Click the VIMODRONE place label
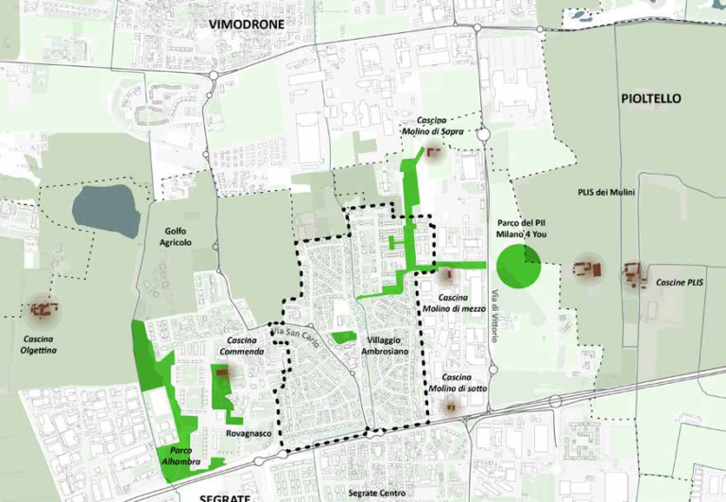pyautogui.click(x=250, y=24)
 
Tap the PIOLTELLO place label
pyautogui.click(x=650, y=98)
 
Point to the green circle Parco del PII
pyautogui.click(x=518, y=266)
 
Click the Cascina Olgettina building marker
pyautogui.click(x=42, y=308)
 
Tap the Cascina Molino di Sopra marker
pyautogui.click(x=435, y=152)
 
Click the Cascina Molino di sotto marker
pyautogui.click(x=451, y=407)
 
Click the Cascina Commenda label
pyautogui.click(x=244, y=347)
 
